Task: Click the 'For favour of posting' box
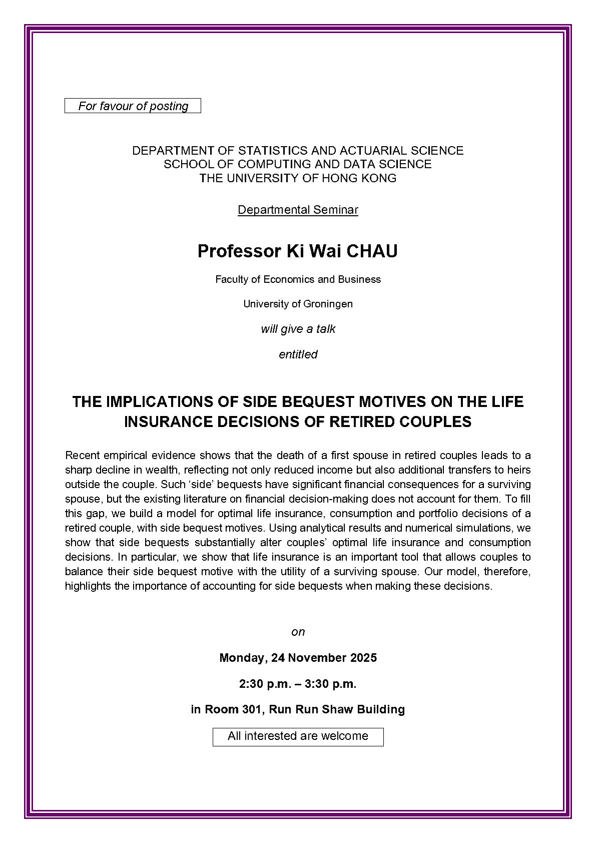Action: click(133, 106)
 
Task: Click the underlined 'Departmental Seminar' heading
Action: click(298, 210)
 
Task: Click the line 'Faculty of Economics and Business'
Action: click(298, 279)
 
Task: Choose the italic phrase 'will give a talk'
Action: click(298, 329)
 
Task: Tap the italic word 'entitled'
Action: click(298, 354)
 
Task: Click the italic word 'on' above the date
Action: click(298, 632)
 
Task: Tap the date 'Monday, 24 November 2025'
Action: click(298, 658)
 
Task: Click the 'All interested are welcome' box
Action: click(298, 736)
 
